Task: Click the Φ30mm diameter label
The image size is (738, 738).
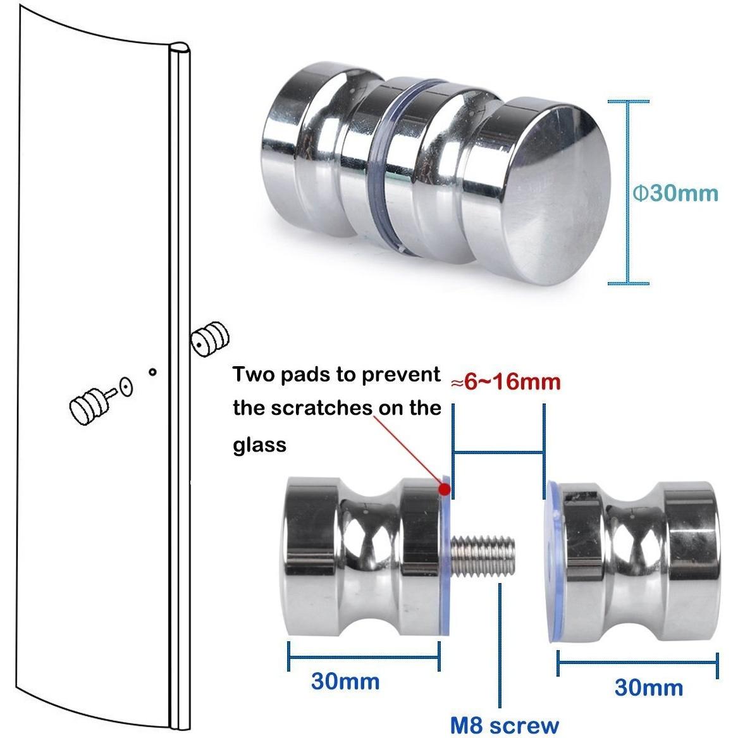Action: pyautogui.click(x=675, y=193)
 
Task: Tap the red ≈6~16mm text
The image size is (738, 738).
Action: pyautogui.click(x=506, y=381)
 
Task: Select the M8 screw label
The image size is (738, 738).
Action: pyautogui.click(x=505, y=725)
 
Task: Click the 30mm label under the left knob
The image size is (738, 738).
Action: pyautogui.click(x=345, y=682)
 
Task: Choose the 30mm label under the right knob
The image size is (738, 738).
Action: pyautogui.click(x=649, y=687)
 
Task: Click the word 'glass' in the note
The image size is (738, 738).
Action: pyautogui.click(x=259, y=445)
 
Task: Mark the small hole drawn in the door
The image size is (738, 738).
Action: pyautogui.click(x=152, y=372)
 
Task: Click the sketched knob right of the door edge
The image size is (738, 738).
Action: pyautogui.click(x=209, y=340)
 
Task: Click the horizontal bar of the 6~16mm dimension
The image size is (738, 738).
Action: pyautogui.click(x=498, y=453)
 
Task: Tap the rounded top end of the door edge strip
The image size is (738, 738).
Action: pyautogui.click(x=180, y=49)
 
